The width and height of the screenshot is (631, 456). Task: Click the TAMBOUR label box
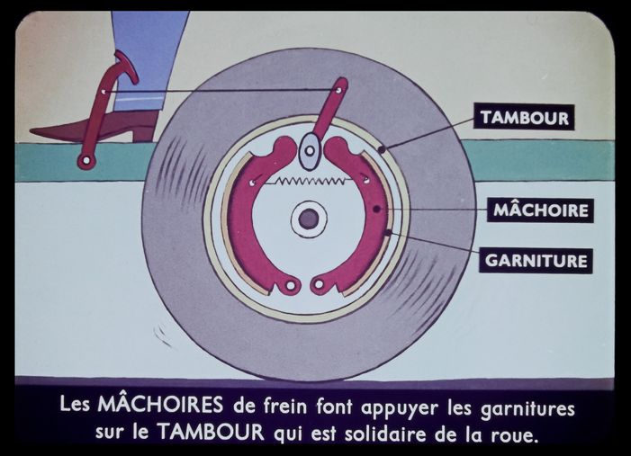524,117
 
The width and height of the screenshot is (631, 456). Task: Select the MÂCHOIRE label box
540,210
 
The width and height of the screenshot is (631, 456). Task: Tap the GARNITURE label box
536,261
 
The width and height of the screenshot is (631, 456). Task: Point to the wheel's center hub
309,219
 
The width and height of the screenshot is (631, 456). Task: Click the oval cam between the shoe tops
310,151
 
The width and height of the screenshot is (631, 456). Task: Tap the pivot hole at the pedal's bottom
86,161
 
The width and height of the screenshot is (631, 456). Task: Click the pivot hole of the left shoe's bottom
291,285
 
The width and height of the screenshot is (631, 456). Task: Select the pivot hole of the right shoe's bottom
319,285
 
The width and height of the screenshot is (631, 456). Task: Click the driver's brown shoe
96,127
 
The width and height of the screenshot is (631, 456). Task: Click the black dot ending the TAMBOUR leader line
382,149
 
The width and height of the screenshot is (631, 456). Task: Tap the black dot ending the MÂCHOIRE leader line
376,209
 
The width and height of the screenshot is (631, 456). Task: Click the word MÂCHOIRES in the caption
160,404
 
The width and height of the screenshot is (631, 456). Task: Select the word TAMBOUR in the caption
211,432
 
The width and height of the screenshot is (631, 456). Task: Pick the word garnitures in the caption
527,408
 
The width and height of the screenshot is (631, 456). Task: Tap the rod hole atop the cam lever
339,90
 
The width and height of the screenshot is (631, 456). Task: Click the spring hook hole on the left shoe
251,183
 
